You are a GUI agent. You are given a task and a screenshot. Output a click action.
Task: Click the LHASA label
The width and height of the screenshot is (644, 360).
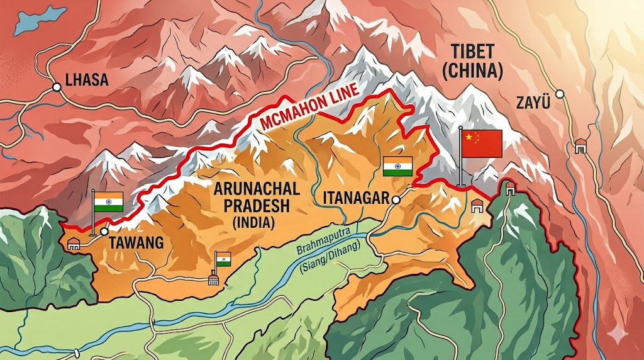click(87, 80)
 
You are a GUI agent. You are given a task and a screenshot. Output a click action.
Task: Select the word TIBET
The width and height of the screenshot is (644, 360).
click(472, 52)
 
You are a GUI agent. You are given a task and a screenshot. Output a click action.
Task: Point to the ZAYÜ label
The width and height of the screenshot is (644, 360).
click(532, 101)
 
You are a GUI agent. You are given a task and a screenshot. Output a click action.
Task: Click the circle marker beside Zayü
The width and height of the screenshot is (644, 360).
click(560, 94)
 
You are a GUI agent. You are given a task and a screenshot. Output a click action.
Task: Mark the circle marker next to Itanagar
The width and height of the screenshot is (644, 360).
click(396, 200)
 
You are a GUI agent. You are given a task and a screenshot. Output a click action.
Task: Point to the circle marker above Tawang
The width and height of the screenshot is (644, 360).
click(103, 232)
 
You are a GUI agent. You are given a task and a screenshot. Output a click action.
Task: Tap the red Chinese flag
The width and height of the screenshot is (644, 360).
click(481, 143)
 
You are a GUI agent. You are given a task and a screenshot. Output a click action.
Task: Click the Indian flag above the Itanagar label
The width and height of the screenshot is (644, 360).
click(397, 166)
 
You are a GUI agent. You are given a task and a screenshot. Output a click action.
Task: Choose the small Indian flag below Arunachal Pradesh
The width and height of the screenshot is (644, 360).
click(223, 259)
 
